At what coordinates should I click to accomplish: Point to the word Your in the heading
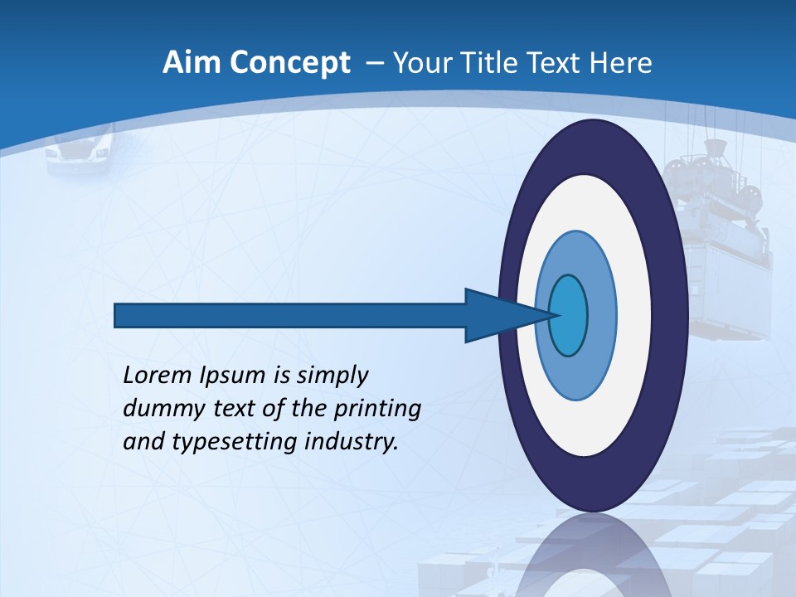[421, 63]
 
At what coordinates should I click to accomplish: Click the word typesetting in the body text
[221, 443]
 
